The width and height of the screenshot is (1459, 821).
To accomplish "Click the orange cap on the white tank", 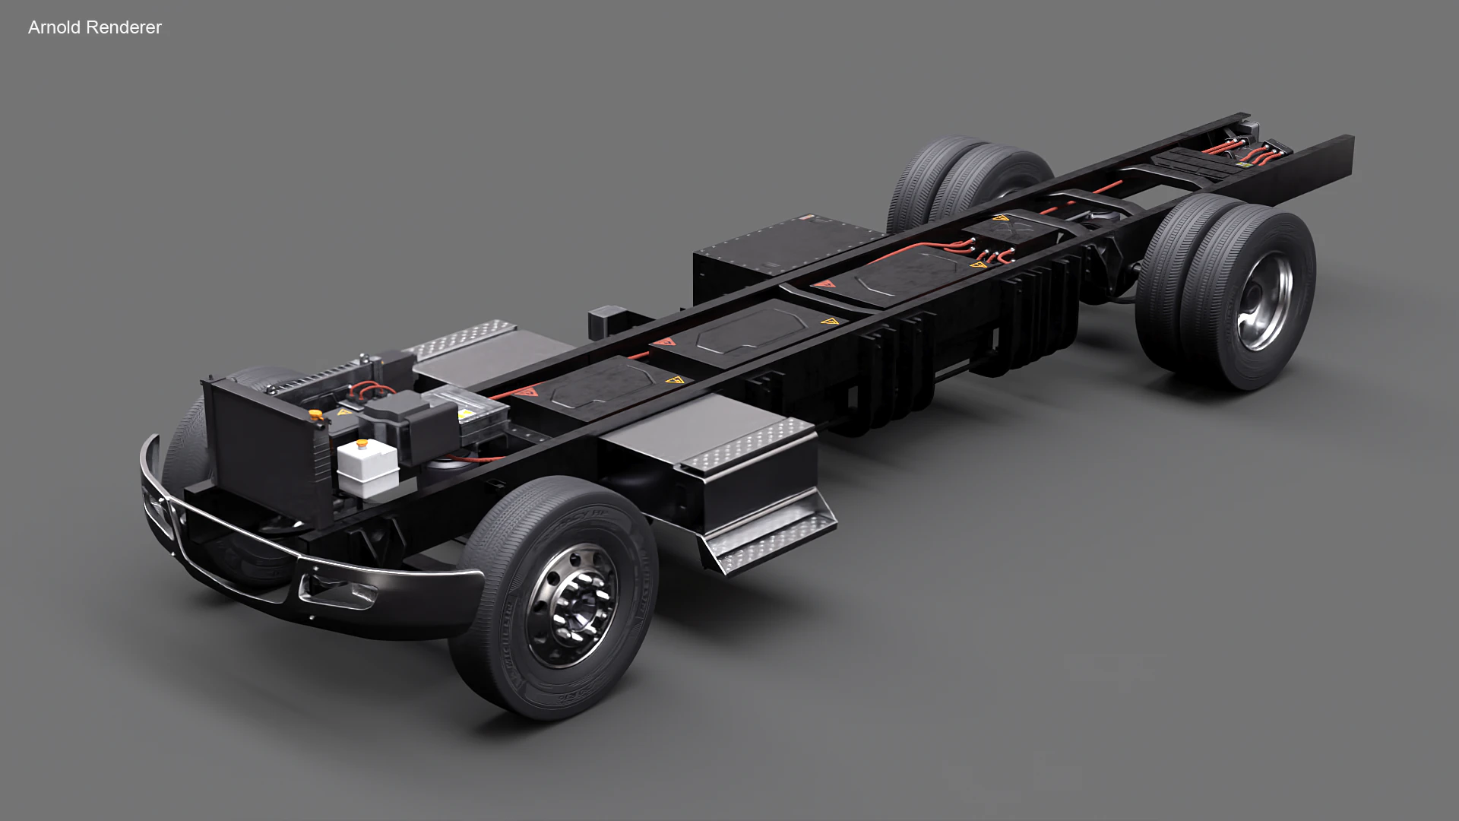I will pyautogui.click(x=364, y=442).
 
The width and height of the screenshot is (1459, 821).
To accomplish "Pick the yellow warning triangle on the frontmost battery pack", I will pyautogui.click(x=673, y=380).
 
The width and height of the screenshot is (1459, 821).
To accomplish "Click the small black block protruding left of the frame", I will pyautogui.click(x=606, y=319).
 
